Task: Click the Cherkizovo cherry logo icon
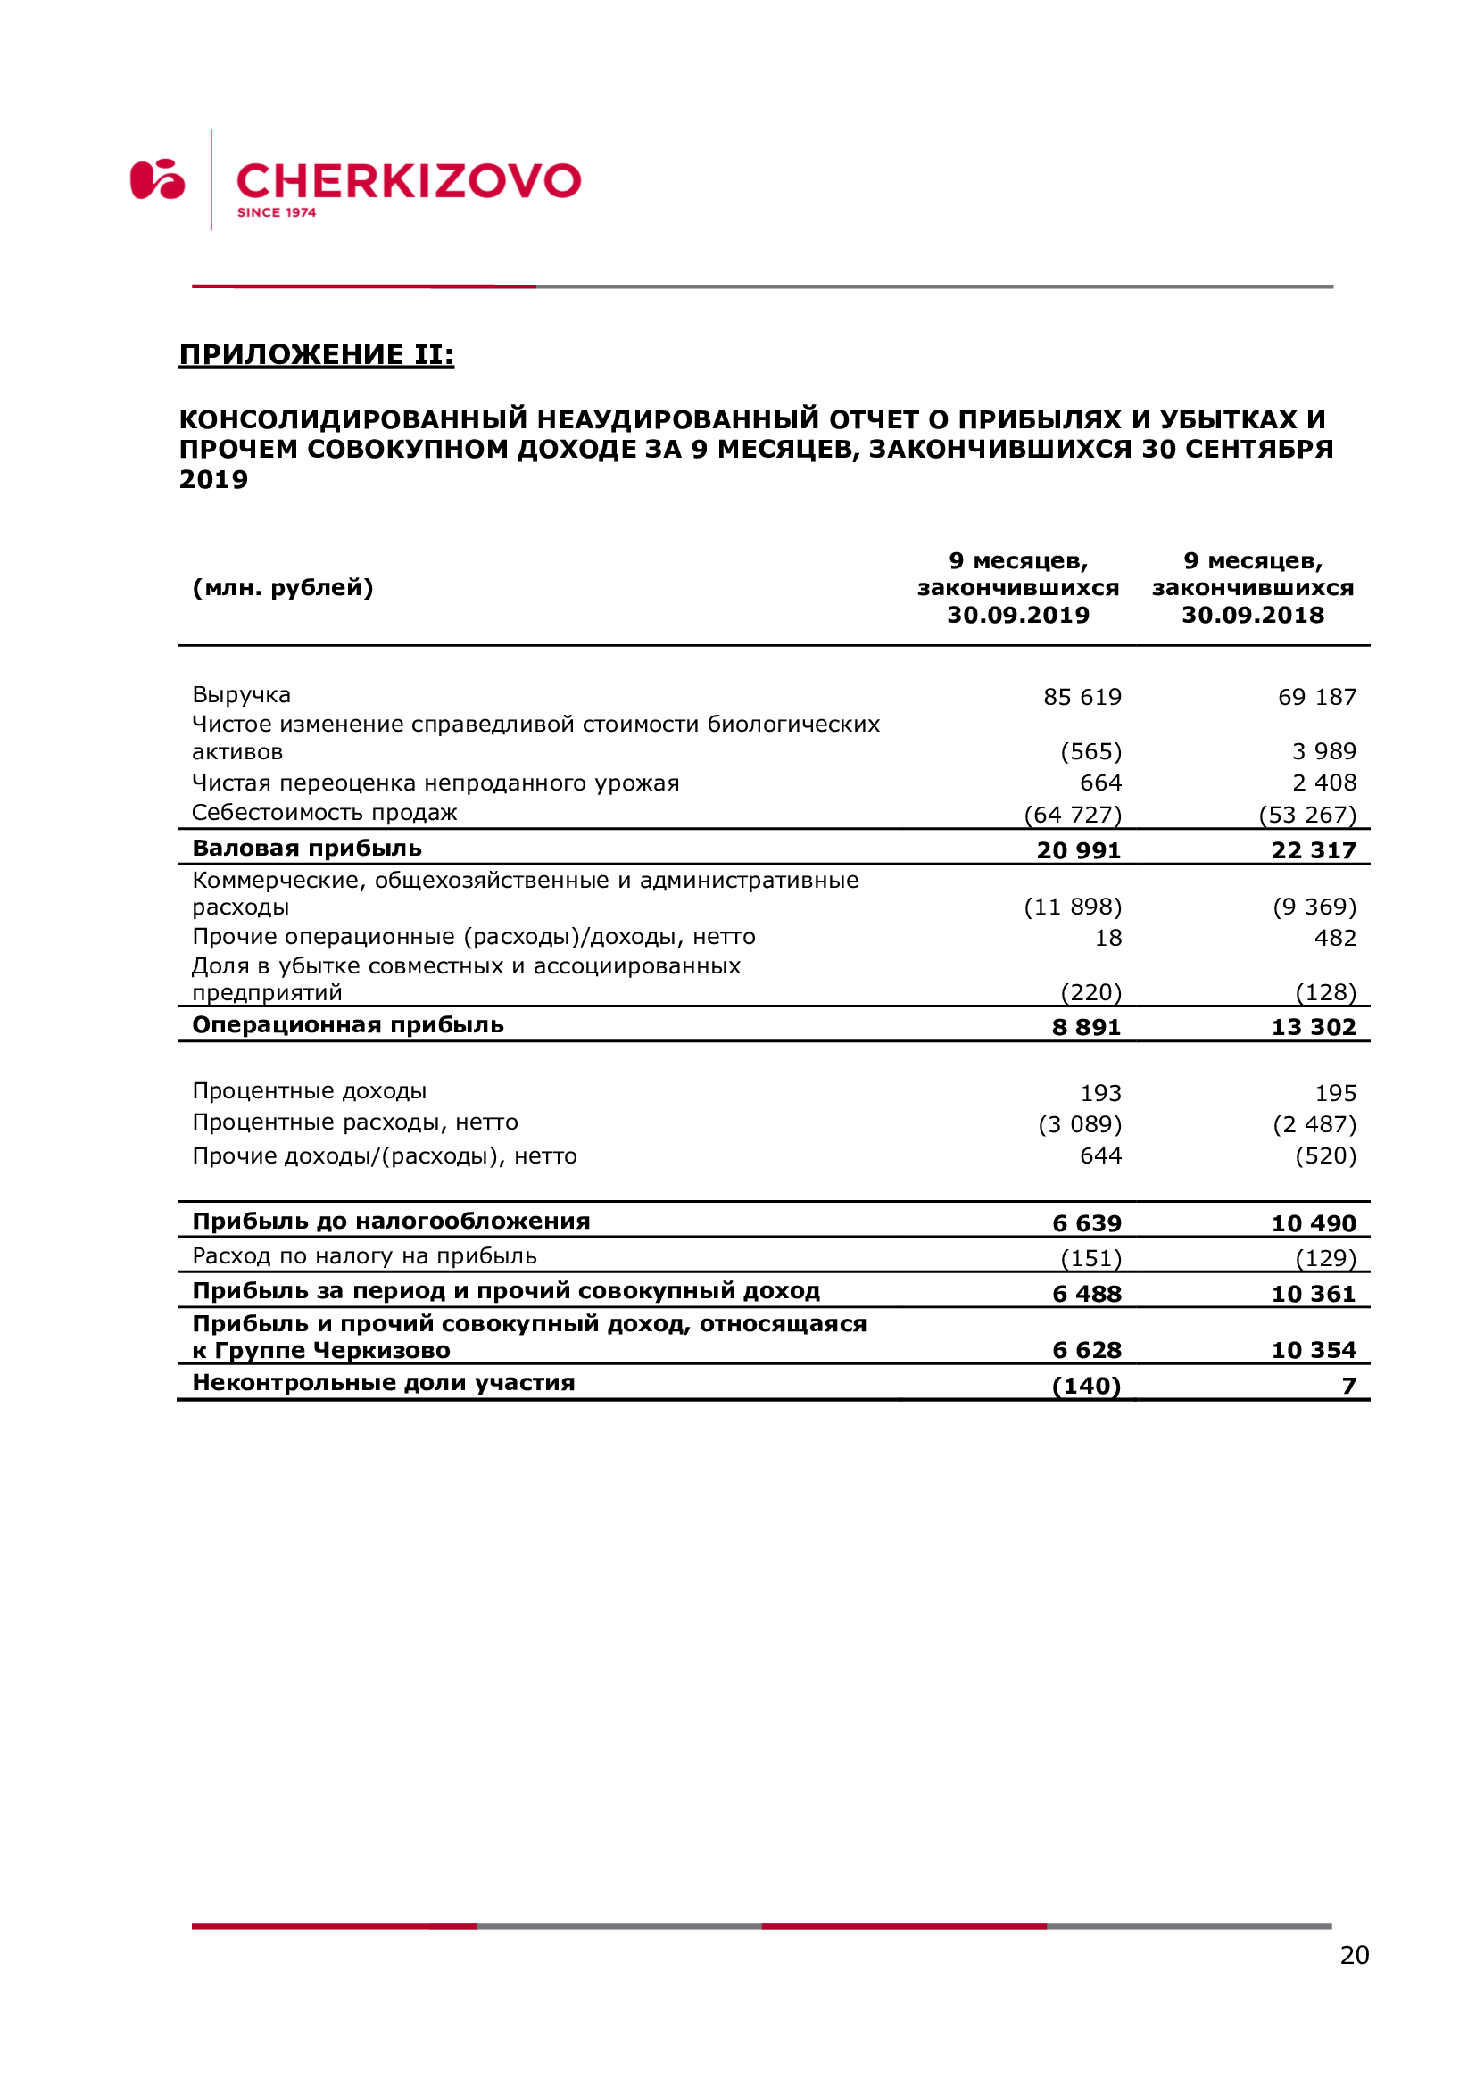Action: pyautogui.click(x=157, y=179)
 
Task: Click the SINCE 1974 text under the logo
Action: pyautogui.click(x=277, y=212)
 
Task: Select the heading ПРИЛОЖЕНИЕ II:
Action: pyautogui.click(x=316, y=354)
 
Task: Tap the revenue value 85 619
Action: pyautogui.click(x=1082, y=697)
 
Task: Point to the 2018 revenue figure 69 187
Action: pyautogui.click(x=1316, y=697)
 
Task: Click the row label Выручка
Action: pyautogui.click(x=241, y=695)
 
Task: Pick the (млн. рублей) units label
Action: pyautogui.click(x=283, y=588)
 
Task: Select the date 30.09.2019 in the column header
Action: pyautogui.click(x=1018, y=616)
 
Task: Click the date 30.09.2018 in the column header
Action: pyautogui.click(x=1252, y=616)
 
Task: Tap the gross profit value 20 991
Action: pyautogui.click(x=1078, y=851)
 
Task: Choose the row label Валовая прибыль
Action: pyautogui.click(x=307, y=849)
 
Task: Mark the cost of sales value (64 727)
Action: pyautogui.click(x=1073, y=816)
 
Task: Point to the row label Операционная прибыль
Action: pyautogui.click(x=348, y=1025)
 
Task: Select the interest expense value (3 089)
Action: pyautogui.click(x=1080, y=1125)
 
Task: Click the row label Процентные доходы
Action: pyautogui.click(x=309, y=1090)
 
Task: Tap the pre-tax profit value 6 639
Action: pyautogui.click(x=1086, y=1223)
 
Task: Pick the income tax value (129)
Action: pyautogui.click(x=1325, y=1259)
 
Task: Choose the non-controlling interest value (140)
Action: pyautogui.click(x=1086, y=1387)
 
